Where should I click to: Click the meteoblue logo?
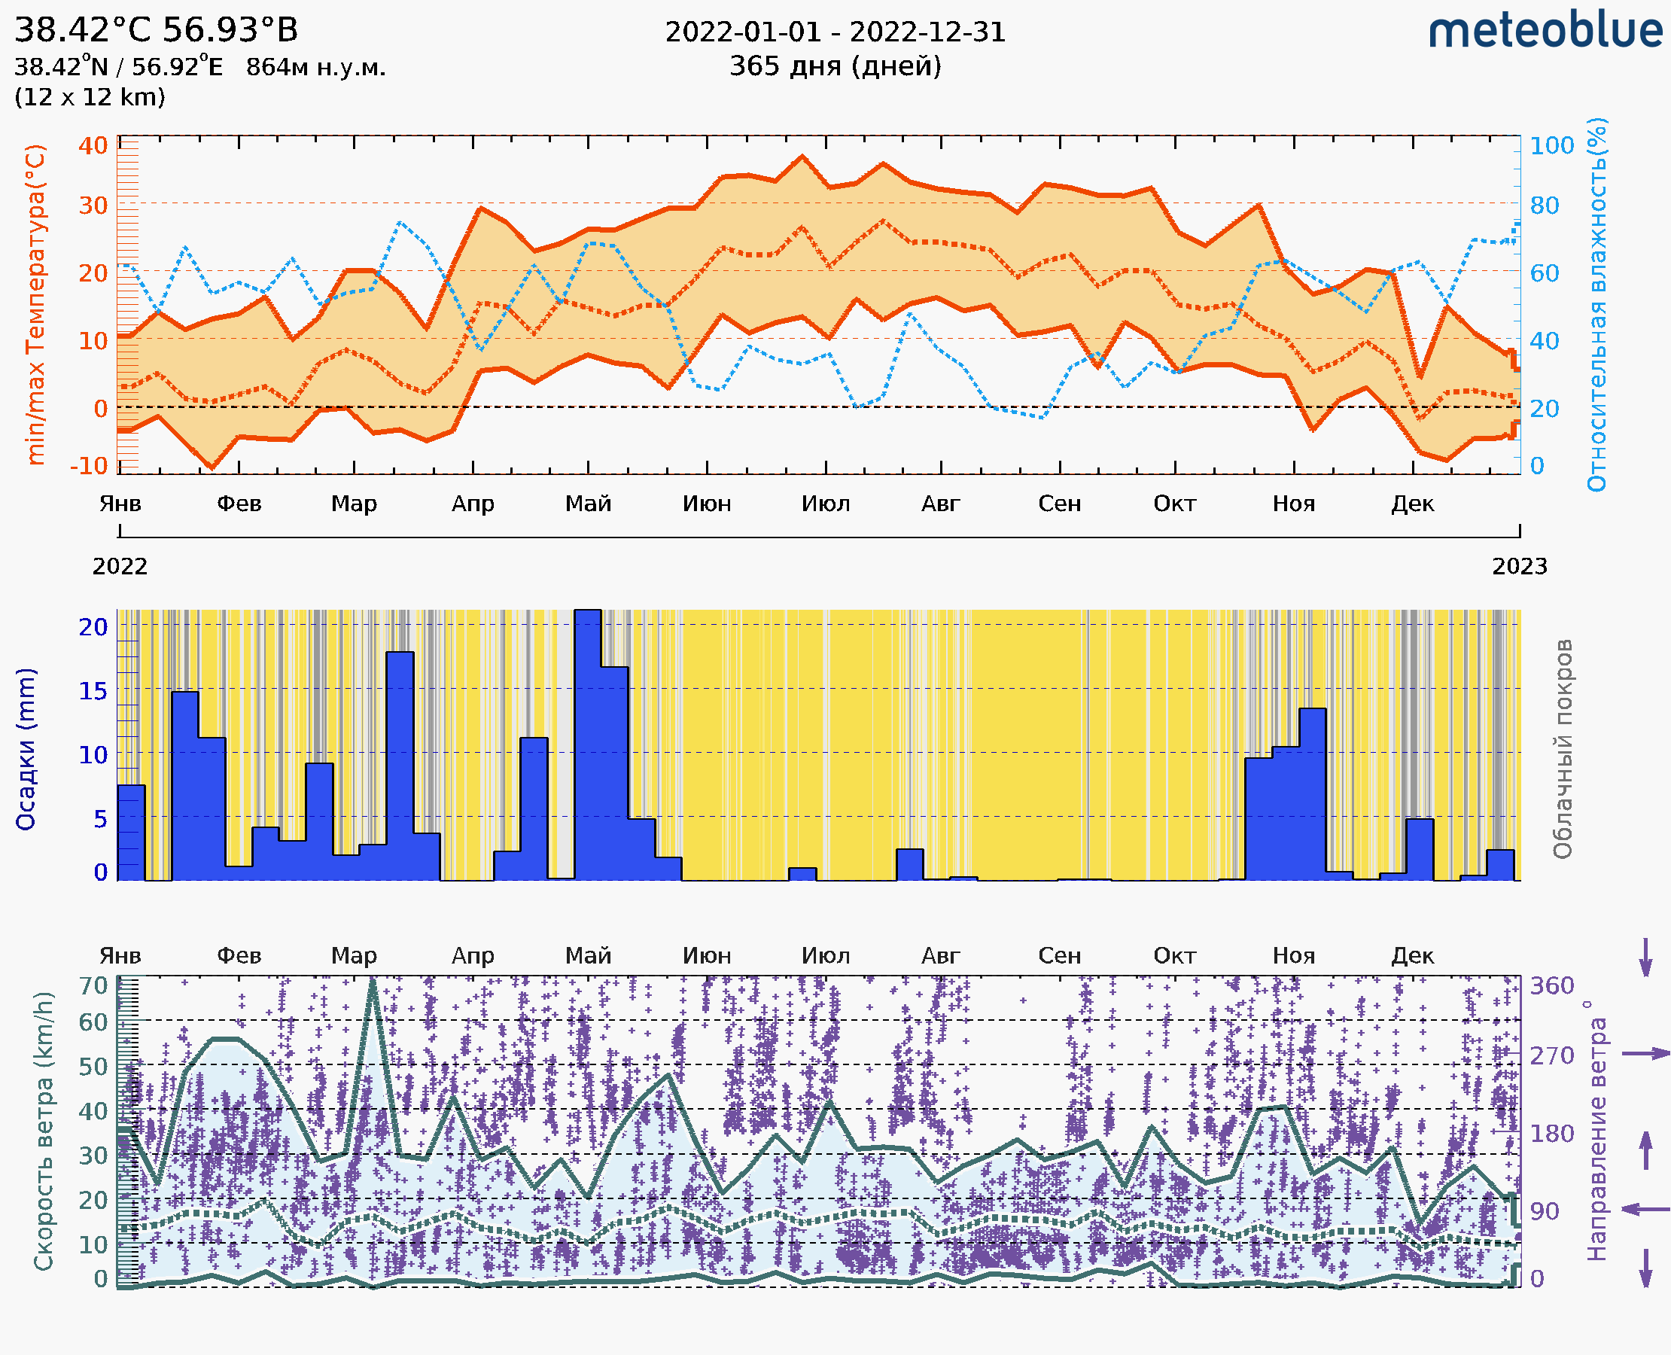click(x=1545, y=31)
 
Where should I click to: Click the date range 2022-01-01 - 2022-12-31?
click(x=835, y=32)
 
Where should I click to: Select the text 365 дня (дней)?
click(x=835, y=66)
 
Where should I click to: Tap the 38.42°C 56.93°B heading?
click(x=156, y=30)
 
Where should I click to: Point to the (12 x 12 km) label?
click(x=90, y=98)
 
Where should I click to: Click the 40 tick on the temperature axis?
click(x=93, y=145)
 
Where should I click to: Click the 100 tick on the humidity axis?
click(x=1551, y=145)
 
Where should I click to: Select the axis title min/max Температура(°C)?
click(x=35, y=304)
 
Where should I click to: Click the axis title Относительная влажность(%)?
click(x=1596, y=304)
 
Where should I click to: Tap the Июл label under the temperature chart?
click(x=826, y=504)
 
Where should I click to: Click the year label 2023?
click(x=1519, y=566)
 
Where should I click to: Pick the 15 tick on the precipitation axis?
click(x=93, y=691)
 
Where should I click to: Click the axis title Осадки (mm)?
click(x=26, y=749)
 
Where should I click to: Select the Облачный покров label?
click(x=1562, y=749)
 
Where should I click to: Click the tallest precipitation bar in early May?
click(x=588, y=741)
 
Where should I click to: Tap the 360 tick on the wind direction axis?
click(x=1551, y=986)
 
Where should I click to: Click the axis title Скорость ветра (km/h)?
click(x=44, y=1131)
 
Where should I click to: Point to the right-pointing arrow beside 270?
click(x=1645, y=1054)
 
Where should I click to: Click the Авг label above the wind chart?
click(x=940, y=955)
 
